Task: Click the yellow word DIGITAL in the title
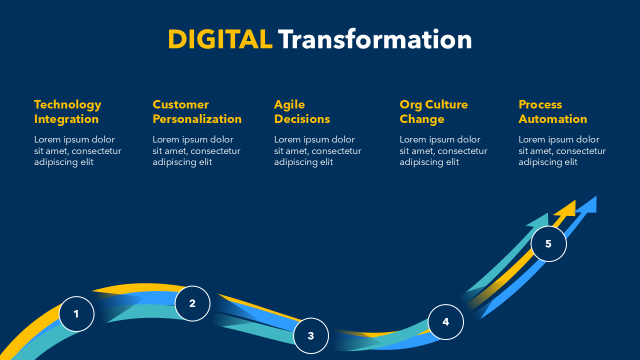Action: click(x=220, y=39)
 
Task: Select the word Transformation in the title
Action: click(x=375, y=39)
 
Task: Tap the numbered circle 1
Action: click(x=76, y=314)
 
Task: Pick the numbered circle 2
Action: click(x=192, y=303)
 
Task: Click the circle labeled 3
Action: click(x=311, y=335)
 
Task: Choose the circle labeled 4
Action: click(x=445, y=322)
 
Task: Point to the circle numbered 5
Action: click(x=548, y=243)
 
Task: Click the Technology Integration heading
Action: click(x=67, y=112)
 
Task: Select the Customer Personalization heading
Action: click(x=197, y=112)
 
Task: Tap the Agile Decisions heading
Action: click(x=302, y=112)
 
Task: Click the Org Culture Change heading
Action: click(x=433, y=112)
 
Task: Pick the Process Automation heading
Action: click(x=553, y=112)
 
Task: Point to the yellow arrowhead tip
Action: click(x=575, y=200)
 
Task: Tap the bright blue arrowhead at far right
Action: click(x=588, y=205)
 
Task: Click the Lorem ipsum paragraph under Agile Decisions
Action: click(x=317, y=150)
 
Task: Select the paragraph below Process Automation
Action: click(x=562, y=150)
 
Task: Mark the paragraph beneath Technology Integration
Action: click(x=77, y=150)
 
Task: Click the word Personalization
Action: click(x=197, y=119)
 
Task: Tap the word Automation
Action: click(x=553, y=119)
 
